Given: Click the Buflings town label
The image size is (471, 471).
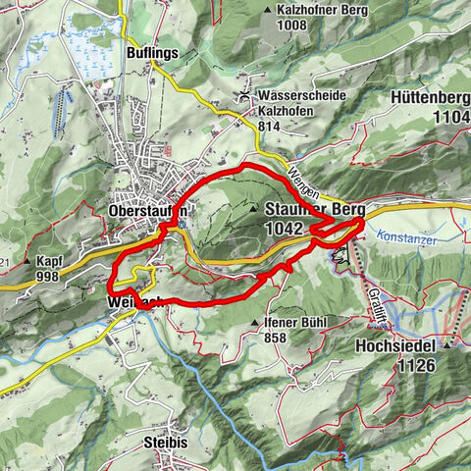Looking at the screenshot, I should (151, 52).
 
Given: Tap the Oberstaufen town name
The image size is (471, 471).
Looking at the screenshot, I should (148, 210).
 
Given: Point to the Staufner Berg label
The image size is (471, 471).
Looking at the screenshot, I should (314, 209).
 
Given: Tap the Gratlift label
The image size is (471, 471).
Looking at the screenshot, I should (375, 285).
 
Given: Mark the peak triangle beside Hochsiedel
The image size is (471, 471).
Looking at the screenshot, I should (447, 346).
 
